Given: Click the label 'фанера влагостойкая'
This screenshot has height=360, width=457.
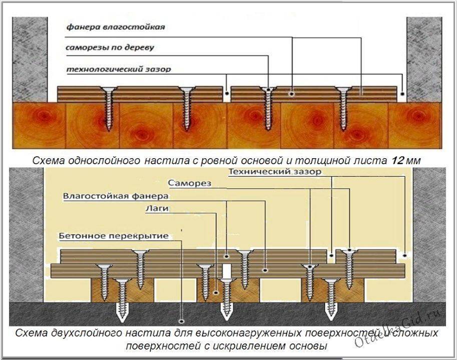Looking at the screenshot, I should click(x=116, y=27).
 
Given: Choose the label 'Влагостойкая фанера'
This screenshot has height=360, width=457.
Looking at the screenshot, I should click(x=116, y=196).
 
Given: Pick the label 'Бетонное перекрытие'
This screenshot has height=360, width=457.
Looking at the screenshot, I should click(x=114, y=235).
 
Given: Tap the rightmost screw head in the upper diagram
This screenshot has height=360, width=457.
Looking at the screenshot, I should click(x=343, y=90).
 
